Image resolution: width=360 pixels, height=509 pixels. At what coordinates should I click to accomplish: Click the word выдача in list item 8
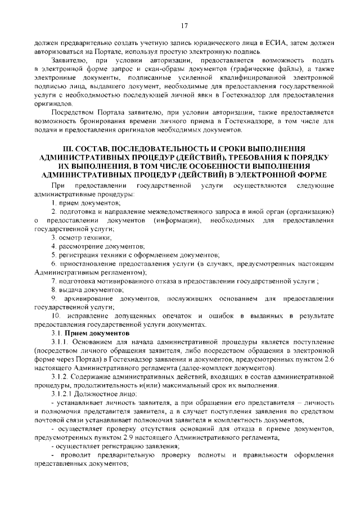69,290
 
